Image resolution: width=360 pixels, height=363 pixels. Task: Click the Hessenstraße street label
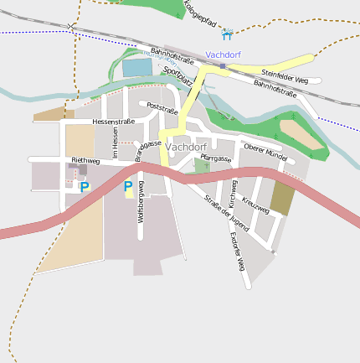coord(114,122)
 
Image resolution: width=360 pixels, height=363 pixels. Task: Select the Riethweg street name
coord(85,160)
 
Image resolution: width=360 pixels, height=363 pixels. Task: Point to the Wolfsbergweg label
coord(141,201)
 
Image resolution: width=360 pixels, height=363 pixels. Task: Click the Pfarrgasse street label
coord(216,158)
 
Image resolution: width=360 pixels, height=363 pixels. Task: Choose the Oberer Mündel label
coord(265,152)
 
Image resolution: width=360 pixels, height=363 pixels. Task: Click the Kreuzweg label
coord(255,204)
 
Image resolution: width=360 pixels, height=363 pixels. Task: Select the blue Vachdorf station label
coord(223,54)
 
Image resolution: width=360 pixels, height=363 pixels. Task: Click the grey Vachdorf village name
coord(186,147)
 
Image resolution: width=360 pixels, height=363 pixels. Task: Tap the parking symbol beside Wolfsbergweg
coord(128,186)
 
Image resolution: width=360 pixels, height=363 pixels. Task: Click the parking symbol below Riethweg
coord(85,187)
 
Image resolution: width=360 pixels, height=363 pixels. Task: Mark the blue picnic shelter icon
coord(227,34)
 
